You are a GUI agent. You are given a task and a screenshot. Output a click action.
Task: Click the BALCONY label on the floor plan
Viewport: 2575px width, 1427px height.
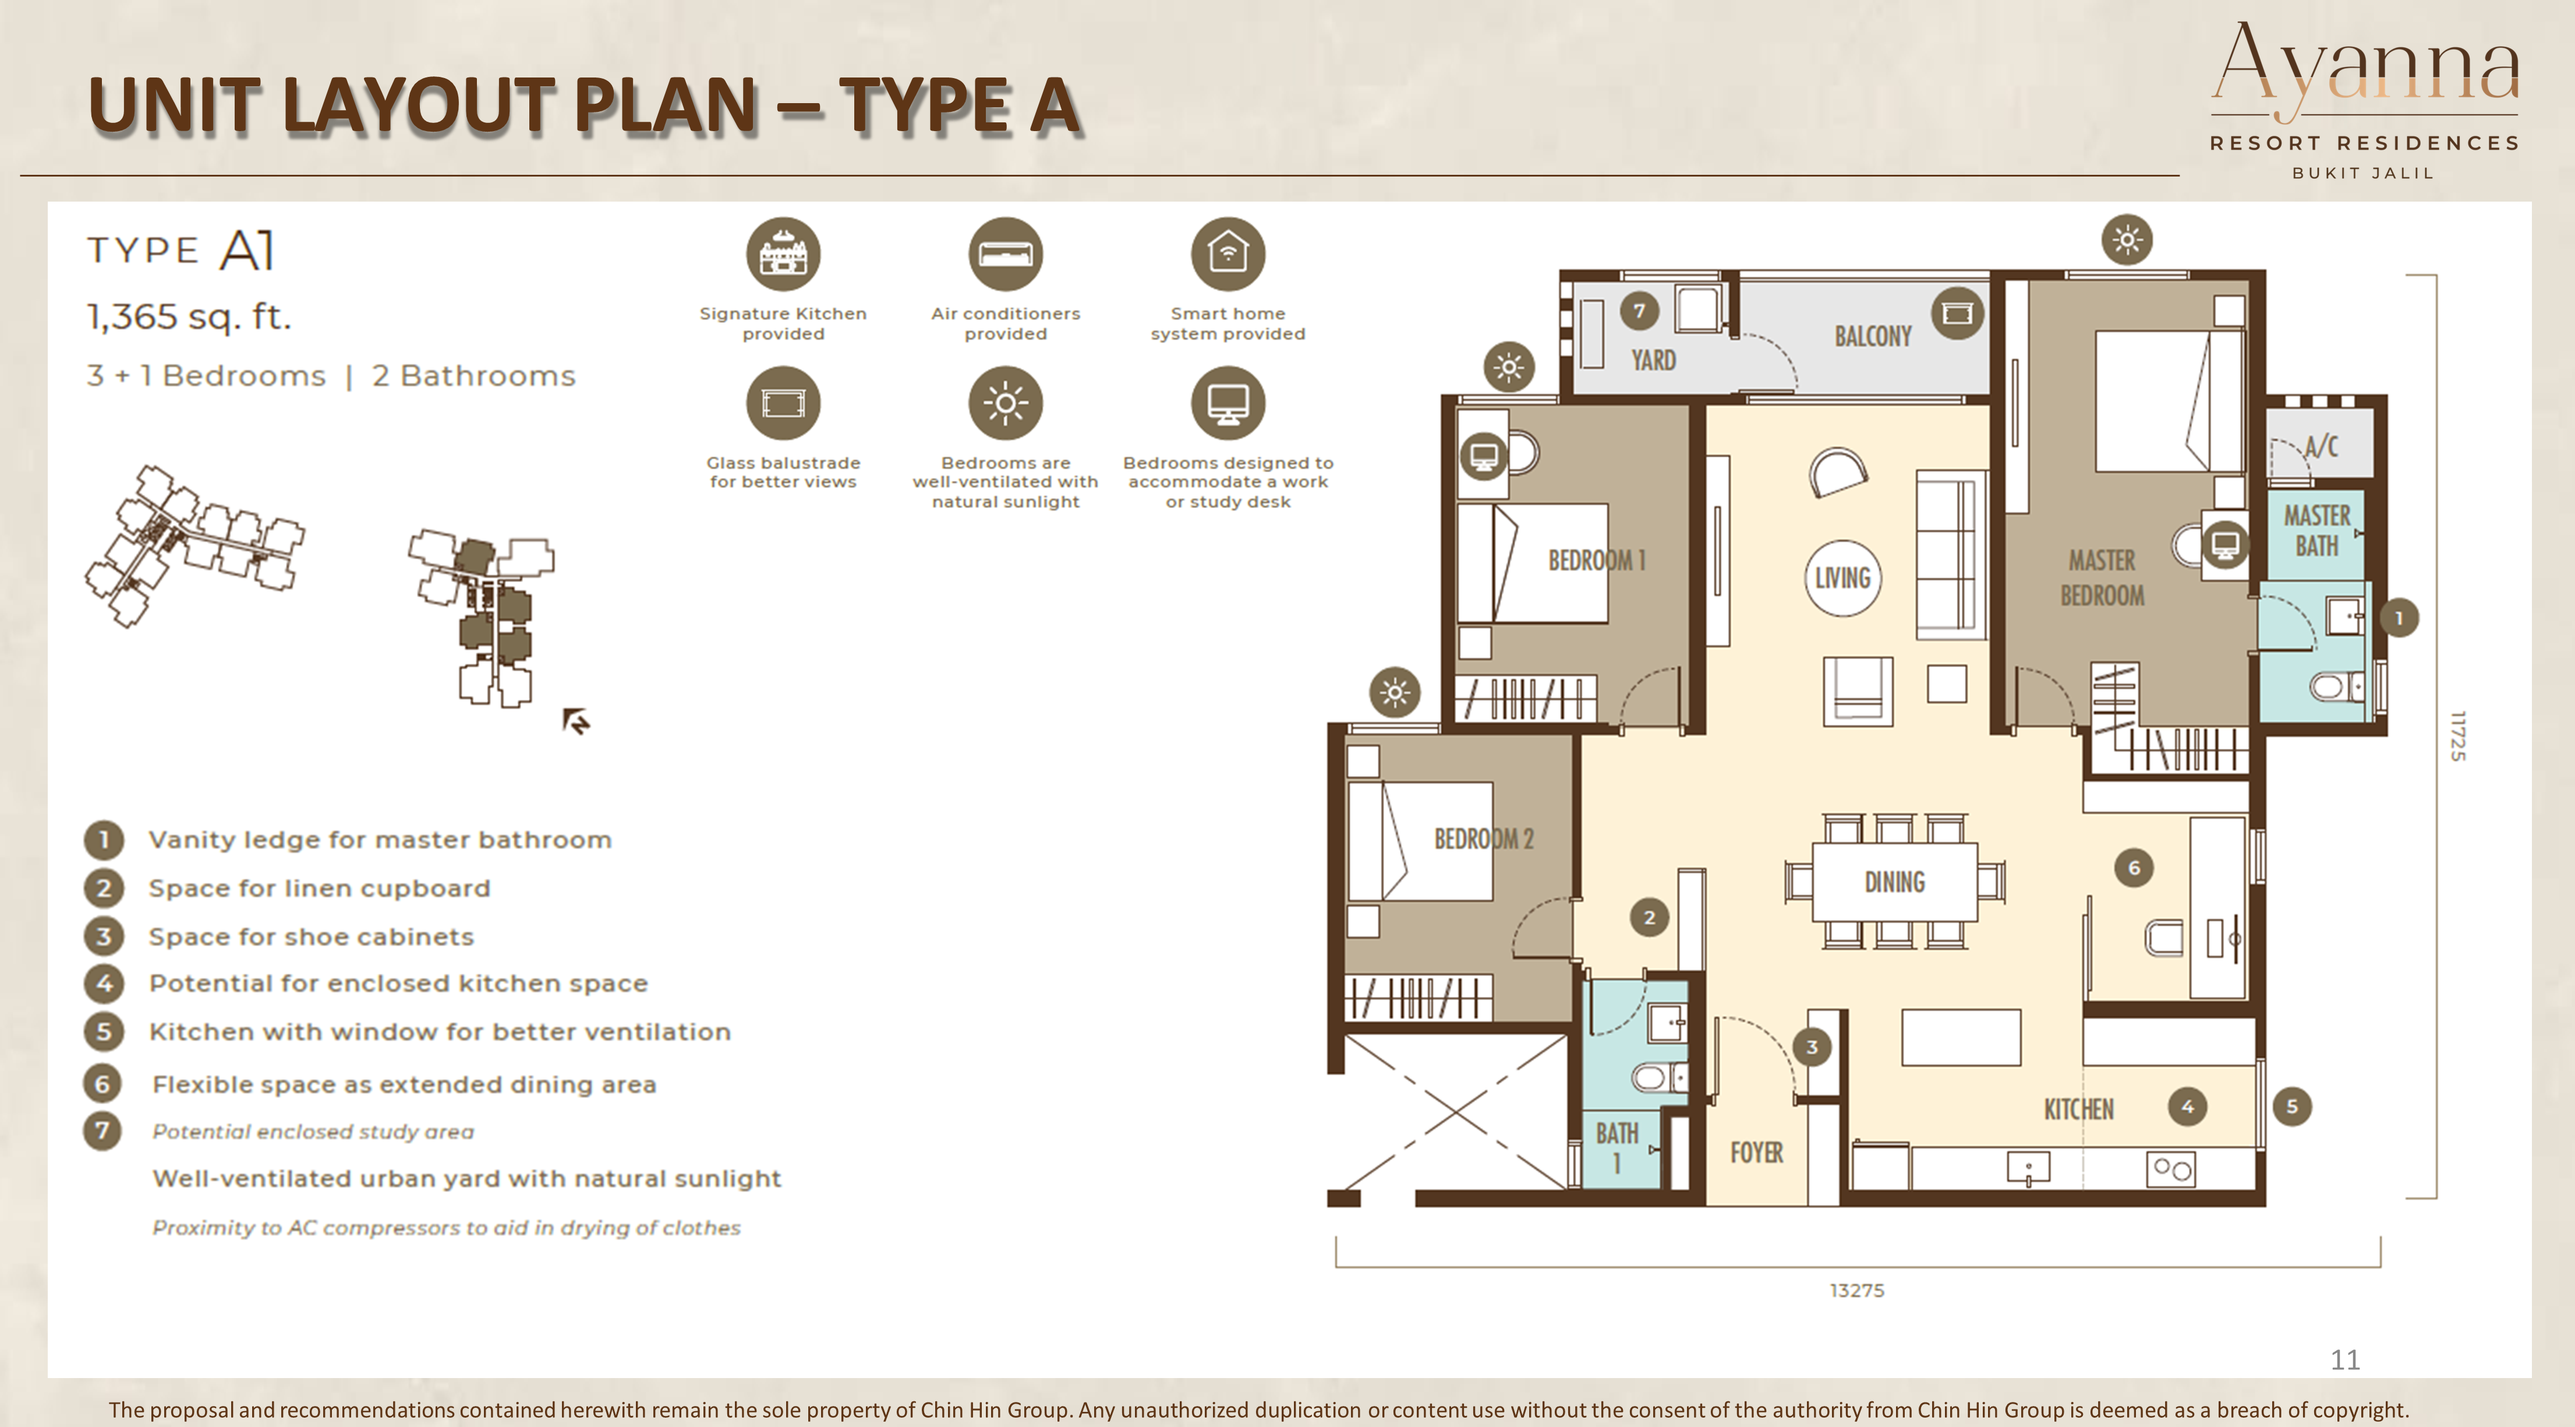(x=1872, y=336)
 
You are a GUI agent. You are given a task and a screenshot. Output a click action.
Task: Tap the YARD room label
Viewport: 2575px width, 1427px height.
(x=1653, y=360)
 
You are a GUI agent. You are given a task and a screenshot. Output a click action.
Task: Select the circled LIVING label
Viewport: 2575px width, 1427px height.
(x=1842, y=578)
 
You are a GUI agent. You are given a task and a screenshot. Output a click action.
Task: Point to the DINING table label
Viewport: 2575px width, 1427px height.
(x=1894, y=882)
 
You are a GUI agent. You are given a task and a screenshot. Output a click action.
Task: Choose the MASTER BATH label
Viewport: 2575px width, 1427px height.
(x=2316, y=531)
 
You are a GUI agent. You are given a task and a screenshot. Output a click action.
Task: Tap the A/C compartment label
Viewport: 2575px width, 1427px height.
(x=2321, y=446)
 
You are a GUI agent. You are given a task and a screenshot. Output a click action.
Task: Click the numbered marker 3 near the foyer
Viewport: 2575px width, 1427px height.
(x=1812, y=1047)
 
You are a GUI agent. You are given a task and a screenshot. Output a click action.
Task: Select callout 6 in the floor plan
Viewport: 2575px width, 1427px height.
(x=2133, y=867)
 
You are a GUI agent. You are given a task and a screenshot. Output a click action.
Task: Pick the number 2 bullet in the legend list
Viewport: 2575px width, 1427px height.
(x=103, y=888)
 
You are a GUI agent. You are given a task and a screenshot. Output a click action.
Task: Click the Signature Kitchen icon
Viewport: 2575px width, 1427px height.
(x=783, y=254)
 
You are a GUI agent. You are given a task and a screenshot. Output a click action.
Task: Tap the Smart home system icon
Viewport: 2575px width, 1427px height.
(x=1228, y=254)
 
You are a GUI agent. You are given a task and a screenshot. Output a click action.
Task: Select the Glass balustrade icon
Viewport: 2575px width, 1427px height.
(x=783, y=403)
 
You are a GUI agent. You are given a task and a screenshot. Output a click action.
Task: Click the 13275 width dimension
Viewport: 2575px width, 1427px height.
(x=1856, y=1290)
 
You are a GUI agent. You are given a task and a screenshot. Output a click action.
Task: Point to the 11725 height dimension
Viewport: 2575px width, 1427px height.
(x=2458, y=735)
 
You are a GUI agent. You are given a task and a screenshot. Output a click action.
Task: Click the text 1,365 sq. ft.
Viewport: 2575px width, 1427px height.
(x=189, y=317)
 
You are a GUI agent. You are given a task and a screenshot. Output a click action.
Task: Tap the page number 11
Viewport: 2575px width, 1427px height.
(x=2344, y=1360)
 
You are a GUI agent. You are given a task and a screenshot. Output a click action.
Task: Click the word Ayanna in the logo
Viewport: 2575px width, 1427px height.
(x=2365, y=65)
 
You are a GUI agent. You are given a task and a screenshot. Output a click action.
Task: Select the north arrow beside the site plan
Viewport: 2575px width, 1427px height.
(x=576, y=720)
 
